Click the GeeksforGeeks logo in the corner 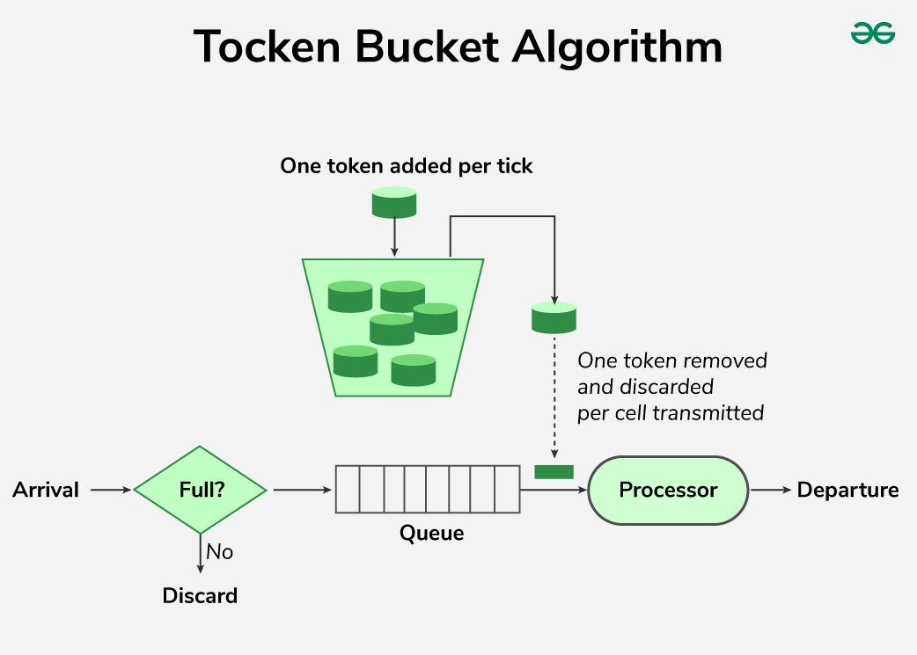tap(872, 33)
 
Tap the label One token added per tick tap(406, 165)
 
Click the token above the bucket tap(393, 202)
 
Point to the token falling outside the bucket tap(554, 317)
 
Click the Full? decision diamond tap(200, 490)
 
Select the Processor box tap(668, 490)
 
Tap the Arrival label tap(46, 490)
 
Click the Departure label tap(847, 490)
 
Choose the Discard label tap(200, 595)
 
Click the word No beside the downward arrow tap(220, 552)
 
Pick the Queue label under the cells tap(431, 533)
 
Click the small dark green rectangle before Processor tap(554, 472)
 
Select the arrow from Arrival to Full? tap(110, 490)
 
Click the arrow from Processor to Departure tap(771, 490)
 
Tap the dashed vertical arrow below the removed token tap(554, 396)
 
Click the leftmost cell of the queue tap(347, 490)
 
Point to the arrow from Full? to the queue tap(300, 490)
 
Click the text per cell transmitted tap(670, 412)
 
